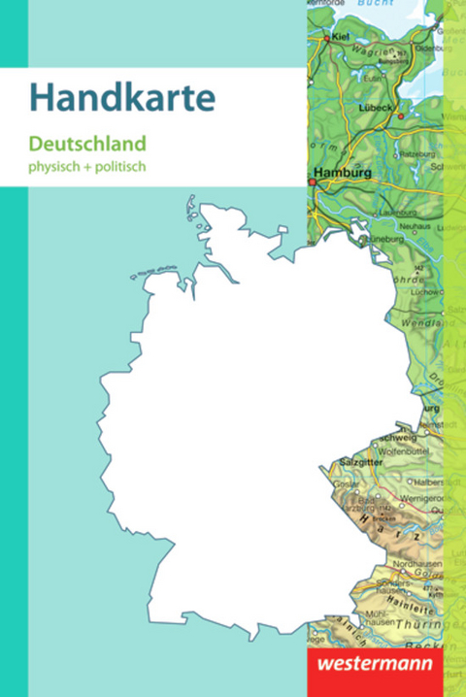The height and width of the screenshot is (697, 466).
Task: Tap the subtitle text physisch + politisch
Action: [x=100, y=166]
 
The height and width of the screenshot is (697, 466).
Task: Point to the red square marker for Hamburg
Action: [x=313, y=182]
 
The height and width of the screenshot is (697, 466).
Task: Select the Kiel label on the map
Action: [x=339, y=37]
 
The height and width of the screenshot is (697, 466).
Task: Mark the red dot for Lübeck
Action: [x=399, y=115]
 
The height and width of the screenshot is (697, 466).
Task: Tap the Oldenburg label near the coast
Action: [x=426, y=47]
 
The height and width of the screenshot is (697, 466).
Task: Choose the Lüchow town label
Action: [x=419, y=289]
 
